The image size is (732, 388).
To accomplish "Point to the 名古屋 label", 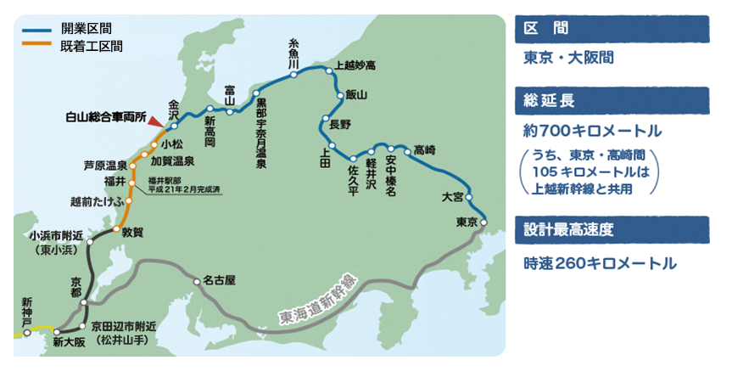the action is pyautogui.click(x=219, y=279).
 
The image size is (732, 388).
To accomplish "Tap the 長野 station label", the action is pyautogui.click(x=339, y=124).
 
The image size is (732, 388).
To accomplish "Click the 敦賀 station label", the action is pyautogui.click(x=133, y=230).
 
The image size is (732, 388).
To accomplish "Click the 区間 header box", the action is pyautogui.click(x=611, y=28).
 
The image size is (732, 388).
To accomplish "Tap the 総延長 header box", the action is pyautogui.click(x=611, y=101).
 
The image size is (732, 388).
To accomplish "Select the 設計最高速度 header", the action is pyautogui.click(x=611, y=229).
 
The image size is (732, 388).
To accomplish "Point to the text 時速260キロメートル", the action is pyautogui.click(x=600, y=264).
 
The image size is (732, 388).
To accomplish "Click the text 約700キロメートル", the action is pyautogui.click(x=592, y=132).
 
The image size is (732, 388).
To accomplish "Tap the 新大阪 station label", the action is pyautogui.click(x=69, y=342).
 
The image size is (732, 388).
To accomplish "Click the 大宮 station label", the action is pyautogui.click(x=453, y=197).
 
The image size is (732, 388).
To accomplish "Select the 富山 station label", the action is pyautogui.click(x=230, y=93).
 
